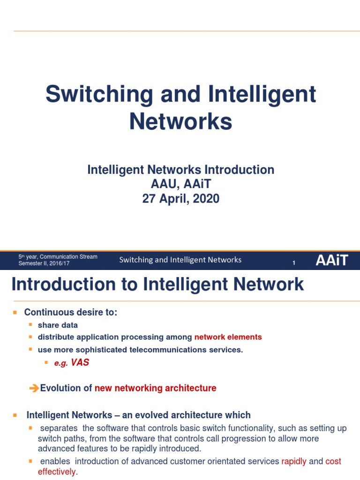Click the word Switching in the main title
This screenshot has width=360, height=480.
tap(99, 95)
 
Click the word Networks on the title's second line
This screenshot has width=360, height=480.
tap(180, 121)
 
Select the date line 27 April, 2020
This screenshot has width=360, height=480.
tap(180, 199)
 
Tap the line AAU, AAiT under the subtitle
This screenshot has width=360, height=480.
tap(180, 184)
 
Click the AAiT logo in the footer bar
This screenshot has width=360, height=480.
tap(332, 260)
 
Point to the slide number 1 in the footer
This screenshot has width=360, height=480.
tap(294, 263)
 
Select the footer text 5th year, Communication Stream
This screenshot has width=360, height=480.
tap(58, 257)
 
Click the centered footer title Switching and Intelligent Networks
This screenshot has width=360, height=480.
tap(180, 260)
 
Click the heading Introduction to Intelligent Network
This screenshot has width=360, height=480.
tap(157, 285)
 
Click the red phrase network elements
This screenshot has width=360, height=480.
tap(228, 337)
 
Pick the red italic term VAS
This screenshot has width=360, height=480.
tap(80, 363)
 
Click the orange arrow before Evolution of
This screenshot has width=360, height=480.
tap(34, 388)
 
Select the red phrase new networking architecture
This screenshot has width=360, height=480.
tap(156, 388)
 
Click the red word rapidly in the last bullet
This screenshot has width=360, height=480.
tap(294, 461)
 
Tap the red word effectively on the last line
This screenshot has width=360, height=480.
tap(56, 472)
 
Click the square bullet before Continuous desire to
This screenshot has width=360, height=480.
tap(15, 312)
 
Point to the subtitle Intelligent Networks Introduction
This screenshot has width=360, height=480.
tap(180, 170)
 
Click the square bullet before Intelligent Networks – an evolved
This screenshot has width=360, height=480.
tap(15, 415)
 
